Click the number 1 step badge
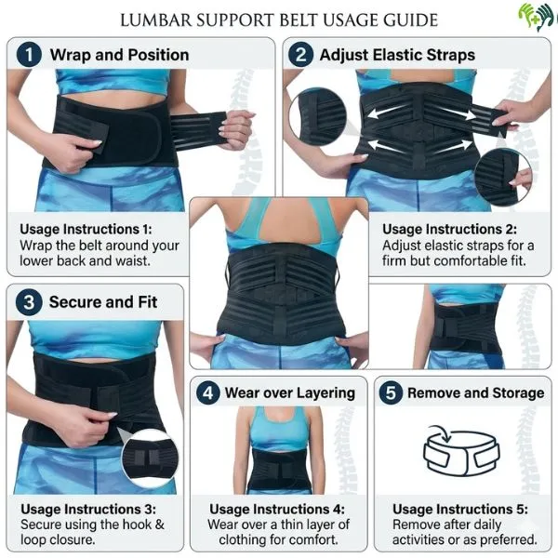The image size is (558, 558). click(30, 56)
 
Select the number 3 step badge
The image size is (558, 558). click(30, 302)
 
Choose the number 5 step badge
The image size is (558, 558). click(392, 392)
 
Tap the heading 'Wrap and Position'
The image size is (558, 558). click(119, 56)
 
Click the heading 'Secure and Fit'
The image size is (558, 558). click(103, 302)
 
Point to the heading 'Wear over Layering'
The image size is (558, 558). click(289, 392)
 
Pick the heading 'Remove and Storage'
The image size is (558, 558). click(475, 392)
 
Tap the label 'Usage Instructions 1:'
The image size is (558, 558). click(87, 229)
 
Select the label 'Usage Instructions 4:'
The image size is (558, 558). click(277, 509)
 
